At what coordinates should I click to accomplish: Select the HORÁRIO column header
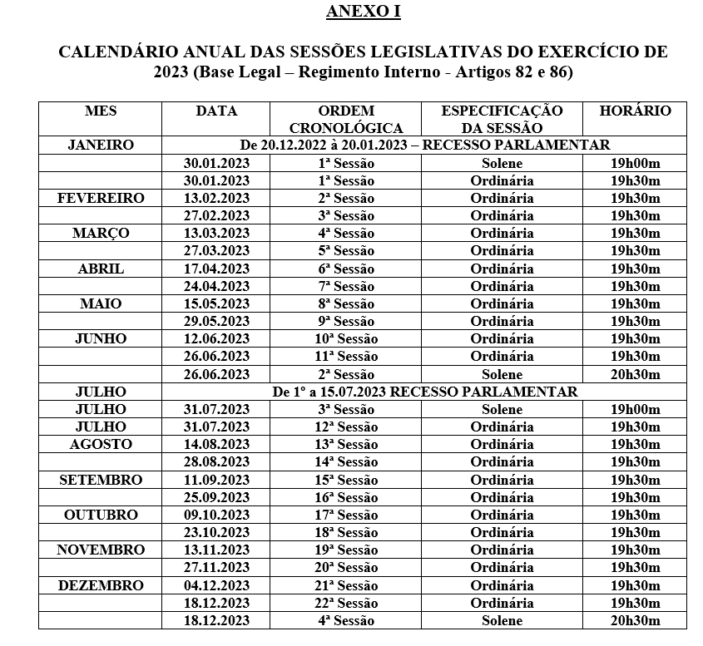pyautogui.click(x=636, y=111)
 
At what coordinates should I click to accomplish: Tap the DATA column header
pyautogui.click(x=216, y=111)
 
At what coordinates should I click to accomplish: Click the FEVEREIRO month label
pyautogui.click(x=101, y=198)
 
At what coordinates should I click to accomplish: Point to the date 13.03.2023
pyautogui.click(x=216, y=233)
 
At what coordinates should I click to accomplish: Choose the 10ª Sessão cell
pyautogui.click(x=346, y=338)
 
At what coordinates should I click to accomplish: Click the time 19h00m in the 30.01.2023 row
pyautogui.click(x=636, y=163)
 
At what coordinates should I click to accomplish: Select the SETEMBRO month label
pyautogui.click(x=101, y=480)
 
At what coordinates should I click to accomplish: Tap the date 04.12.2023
pyautogui.click(x=216, y=585)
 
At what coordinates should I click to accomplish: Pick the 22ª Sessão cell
pyautogui.click(x=346, y=603)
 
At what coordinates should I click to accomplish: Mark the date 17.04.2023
pyautogui.click(x=216, y=269)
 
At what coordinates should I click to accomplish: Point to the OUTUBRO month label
pyautogui.click(x=101, y=515)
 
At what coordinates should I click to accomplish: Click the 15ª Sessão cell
pyautogui.click(x=346, y=480)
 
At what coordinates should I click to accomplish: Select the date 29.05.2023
pyautogui.click(x=216, y=321)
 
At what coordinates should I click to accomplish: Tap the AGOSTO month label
pyautogui.click(x=101, y=444)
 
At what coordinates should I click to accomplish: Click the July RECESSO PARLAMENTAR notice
pyautogui.click(x=424, y=392)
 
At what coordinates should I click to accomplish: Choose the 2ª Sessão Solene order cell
pyautogui.click(x=346, y=374)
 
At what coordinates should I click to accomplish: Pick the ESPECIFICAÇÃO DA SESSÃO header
pyautogui.click(x=502, y=119)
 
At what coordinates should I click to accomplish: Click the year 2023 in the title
pyautogui.click(x=171, y=72)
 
